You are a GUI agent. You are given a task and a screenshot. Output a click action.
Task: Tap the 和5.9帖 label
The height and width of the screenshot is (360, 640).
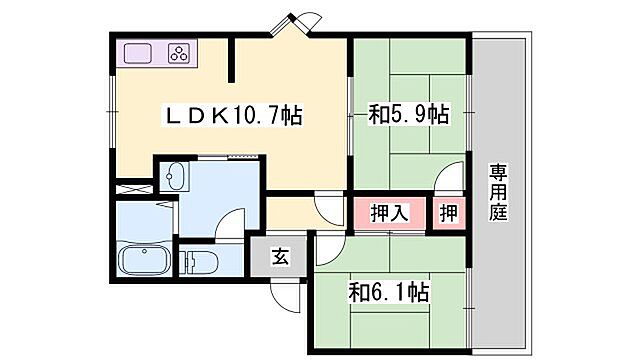pyautogui.click(x=408, y=116)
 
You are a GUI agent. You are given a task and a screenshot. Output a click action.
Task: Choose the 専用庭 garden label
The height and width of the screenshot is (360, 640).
pyautogui.click(x=498, y=192)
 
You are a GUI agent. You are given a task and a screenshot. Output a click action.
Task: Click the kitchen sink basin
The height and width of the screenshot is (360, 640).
pyautogui.click(x=137, y=54)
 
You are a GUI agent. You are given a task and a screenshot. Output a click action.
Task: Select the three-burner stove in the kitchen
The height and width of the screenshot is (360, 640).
pyautogui.click(x=177, y=54)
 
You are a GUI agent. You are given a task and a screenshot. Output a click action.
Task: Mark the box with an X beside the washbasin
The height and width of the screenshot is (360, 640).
pyautogui.click(x=131, y=187)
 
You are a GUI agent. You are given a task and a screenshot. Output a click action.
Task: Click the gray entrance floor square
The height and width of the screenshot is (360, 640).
pyautogui.click(x=281, y=257)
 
